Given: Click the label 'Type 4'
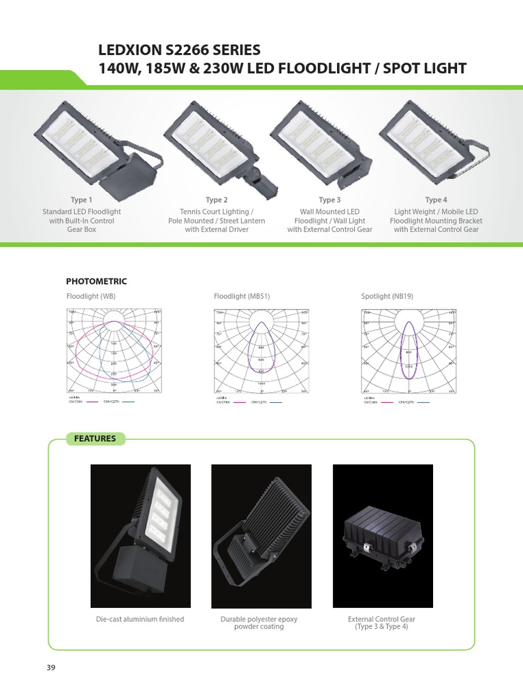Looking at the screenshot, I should (436, 200).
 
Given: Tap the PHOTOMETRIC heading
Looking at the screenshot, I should (96, 281).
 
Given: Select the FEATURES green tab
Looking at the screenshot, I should (95, 439).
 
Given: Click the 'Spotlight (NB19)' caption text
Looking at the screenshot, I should (387, 297).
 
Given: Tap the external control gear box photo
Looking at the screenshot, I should (382, 536).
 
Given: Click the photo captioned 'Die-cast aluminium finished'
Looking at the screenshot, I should (140, 536).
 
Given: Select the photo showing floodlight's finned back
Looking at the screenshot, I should (261, 536).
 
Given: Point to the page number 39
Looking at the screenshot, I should (50, 667).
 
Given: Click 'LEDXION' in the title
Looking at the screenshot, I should (132, 50).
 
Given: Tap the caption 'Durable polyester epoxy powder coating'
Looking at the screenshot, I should (259, 623).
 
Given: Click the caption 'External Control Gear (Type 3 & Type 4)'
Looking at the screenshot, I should (381, 623).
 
